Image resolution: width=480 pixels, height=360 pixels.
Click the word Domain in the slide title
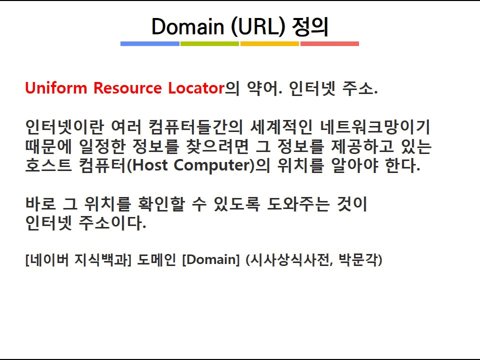(x=188, y=26)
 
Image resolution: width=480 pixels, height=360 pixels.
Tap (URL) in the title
(x=258, y=27)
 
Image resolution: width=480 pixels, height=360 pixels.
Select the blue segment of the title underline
(x=149, y=44)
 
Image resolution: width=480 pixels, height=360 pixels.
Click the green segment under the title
(x=209, y=44)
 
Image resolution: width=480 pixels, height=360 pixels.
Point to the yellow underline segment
(x=269, y=44)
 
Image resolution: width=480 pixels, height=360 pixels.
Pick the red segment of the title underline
(x=329, y=44)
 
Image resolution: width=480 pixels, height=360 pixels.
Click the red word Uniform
(x=56, y=88)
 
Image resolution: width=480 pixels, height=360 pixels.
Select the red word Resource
(x=127, y=88)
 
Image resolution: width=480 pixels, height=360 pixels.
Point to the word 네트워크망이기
(x=375, y=126)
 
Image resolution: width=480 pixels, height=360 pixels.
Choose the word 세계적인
(x=281, y=126)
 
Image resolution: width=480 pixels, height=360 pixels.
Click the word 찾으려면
(x=217, y=146)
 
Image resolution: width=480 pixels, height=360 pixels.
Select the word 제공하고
(x=363, y=146)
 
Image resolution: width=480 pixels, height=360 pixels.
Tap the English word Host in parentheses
(x=150, y=165)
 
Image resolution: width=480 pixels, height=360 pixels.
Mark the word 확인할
(x=161, y=203)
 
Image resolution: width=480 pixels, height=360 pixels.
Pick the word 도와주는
(x=298, y=203)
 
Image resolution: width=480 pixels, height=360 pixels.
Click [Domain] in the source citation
(x=211, y=259)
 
